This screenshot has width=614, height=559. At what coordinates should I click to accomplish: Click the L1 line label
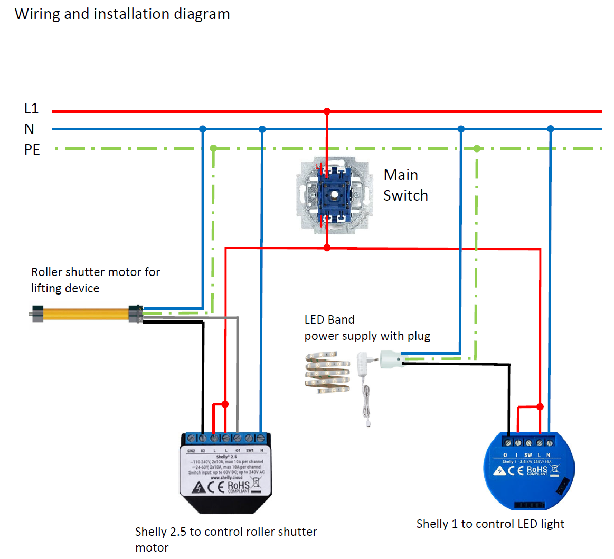[31, 109]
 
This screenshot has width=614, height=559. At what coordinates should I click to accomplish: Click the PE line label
[32, 150]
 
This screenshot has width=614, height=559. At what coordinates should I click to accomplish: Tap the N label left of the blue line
[29, 129]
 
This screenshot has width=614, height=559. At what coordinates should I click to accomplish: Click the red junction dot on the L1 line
[327, 111]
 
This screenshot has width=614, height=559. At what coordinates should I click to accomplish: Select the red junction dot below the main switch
[327, 248]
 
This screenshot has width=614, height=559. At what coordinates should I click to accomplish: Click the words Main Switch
[405, 185]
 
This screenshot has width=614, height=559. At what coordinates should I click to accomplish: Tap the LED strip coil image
[327, 373]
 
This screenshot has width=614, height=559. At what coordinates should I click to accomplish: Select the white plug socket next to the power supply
[392, 359]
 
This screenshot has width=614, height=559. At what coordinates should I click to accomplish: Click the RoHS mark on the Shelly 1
[537, 470]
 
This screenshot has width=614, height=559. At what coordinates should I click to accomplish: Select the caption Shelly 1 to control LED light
[490, 524]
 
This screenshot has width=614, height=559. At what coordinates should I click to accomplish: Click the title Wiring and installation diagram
[122, 14]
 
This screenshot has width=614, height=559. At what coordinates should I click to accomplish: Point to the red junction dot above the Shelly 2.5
[225, 404]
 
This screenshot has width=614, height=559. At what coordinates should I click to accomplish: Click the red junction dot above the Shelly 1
[540, 406]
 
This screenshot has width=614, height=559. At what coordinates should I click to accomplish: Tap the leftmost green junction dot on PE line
[213, 148]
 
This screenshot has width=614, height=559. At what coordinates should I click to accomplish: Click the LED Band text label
[329, 319]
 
